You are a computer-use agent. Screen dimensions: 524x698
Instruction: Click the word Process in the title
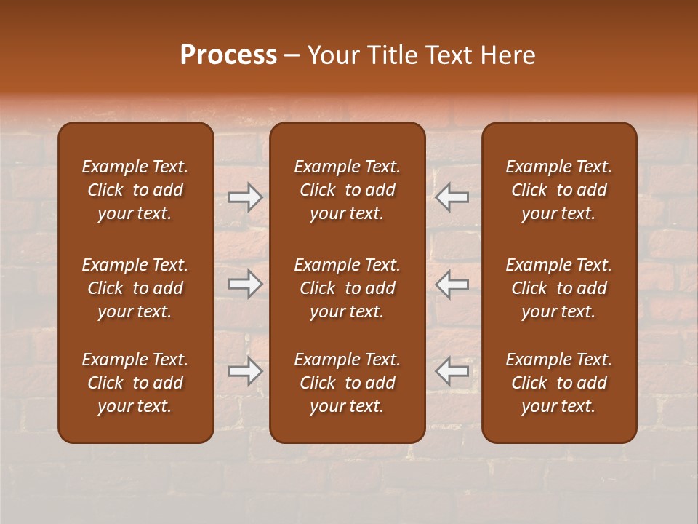[228, 55]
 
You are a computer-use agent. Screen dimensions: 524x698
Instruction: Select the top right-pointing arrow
[245, 197]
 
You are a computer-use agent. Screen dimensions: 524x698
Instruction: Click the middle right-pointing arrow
[245, 284]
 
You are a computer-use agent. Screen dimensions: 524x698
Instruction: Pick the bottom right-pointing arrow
[245, 371]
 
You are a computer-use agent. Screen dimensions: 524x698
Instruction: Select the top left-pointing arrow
[452, 197]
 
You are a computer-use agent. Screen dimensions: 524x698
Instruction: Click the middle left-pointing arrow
[452, 284]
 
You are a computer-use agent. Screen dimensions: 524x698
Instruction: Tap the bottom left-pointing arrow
[452, 371]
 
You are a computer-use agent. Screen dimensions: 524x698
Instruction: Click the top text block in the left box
[135, 190]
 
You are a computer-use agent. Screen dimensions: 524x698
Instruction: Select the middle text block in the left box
[135, 288]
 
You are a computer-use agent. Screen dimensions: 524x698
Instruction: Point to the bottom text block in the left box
[135, 383]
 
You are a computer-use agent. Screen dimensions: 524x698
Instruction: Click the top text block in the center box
[347, 190]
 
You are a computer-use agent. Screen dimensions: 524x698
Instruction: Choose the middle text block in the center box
[347, 288]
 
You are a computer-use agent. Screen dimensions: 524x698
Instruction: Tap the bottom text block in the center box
[347, 383]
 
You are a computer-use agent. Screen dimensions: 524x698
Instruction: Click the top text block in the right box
[558, 190]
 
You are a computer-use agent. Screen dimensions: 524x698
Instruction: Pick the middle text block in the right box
[558, 288]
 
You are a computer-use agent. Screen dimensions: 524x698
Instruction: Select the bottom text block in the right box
[558, 383]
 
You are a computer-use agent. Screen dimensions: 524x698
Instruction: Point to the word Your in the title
[332, 55]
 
